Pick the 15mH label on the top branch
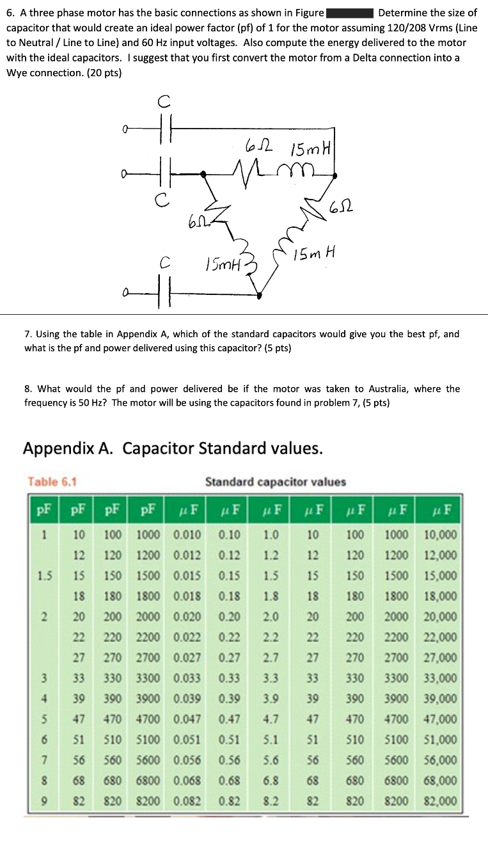[309, 150]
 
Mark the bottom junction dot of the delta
[259, 295]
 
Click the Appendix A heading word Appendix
[67, 448]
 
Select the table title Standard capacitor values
[275, 481]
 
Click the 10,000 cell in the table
[439, 534]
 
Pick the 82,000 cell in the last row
[439, 800]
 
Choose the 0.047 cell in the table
[187, 719]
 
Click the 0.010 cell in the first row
[187, 534]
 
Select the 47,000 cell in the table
[439, 719]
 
